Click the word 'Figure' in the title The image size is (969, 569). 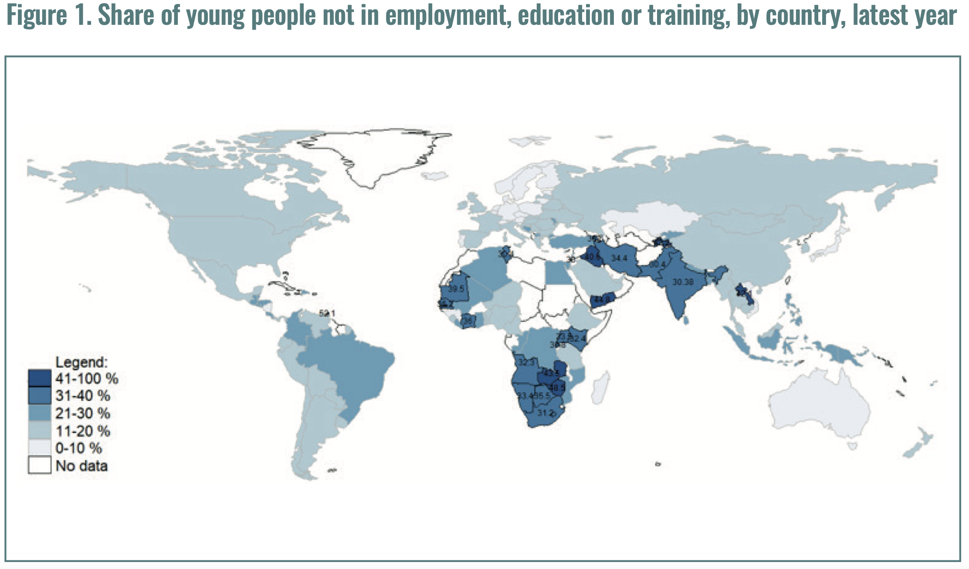pos(37,15)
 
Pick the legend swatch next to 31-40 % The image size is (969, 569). pos(40,396)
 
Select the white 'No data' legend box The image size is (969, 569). pos(40,465)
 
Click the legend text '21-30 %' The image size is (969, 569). pos(82,413)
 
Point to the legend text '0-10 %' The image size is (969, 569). pos(78,448)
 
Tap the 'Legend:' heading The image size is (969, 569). pos(81,362)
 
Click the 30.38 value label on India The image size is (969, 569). pos(683,282)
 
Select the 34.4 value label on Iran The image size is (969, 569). pos(619,258)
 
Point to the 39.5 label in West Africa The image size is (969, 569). pos(456,289)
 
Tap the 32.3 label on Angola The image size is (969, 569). pos(526,362)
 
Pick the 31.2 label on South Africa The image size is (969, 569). pos(545,412)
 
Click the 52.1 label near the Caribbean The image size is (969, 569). pos(327,313)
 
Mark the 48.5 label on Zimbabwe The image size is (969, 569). pos(556,387)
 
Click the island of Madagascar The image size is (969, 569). pos(600,388)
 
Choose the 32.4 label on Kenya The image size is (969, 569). pos(578,339)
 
